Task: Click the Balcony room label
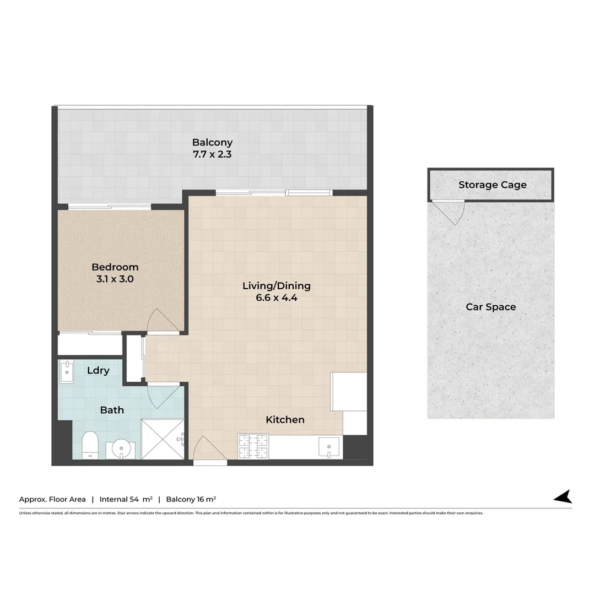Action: tap(212, 142)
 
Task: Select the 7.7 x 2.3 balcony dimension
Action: tap(212, 155)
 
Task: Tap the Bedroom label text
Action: tap(115, 267)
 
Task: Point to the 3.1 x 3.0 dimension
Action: tap(115, 279)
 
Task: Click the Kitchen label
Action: tap(285, 420)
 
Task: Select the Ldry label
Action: tap(98, 371)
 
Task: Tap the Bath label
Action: tap(112, 410)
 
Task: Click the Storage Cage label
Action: tap(493, 185)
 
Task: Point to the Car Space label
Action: tap(491, 307)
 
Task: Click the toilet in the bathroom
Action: tap(89, 445)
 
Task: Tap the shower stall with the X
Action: tap(163, 439)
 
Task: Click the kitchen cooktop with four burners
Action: tap(253, 446)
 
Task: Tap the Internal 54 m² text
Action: tap(126, 499)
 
